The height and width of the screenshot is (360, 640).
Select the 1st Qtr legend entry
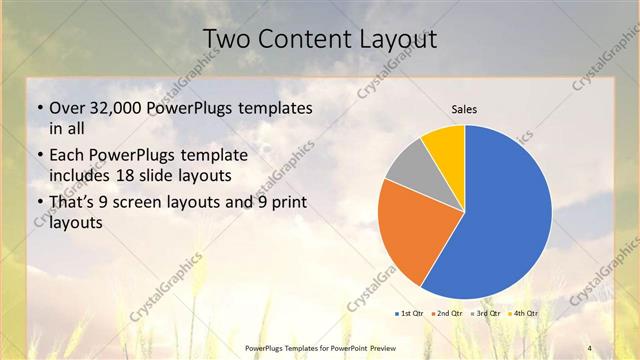click(411, 314)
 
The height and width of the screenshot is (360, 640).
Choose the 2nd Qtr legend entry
click(447, 314)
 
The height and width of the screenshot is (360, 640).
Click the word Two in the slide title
click(226, 38)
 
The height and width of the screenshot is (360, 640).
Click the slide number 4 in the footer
click(590, 347)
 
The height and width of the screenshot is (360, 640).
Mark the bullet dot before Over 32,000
click(38, 108)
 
